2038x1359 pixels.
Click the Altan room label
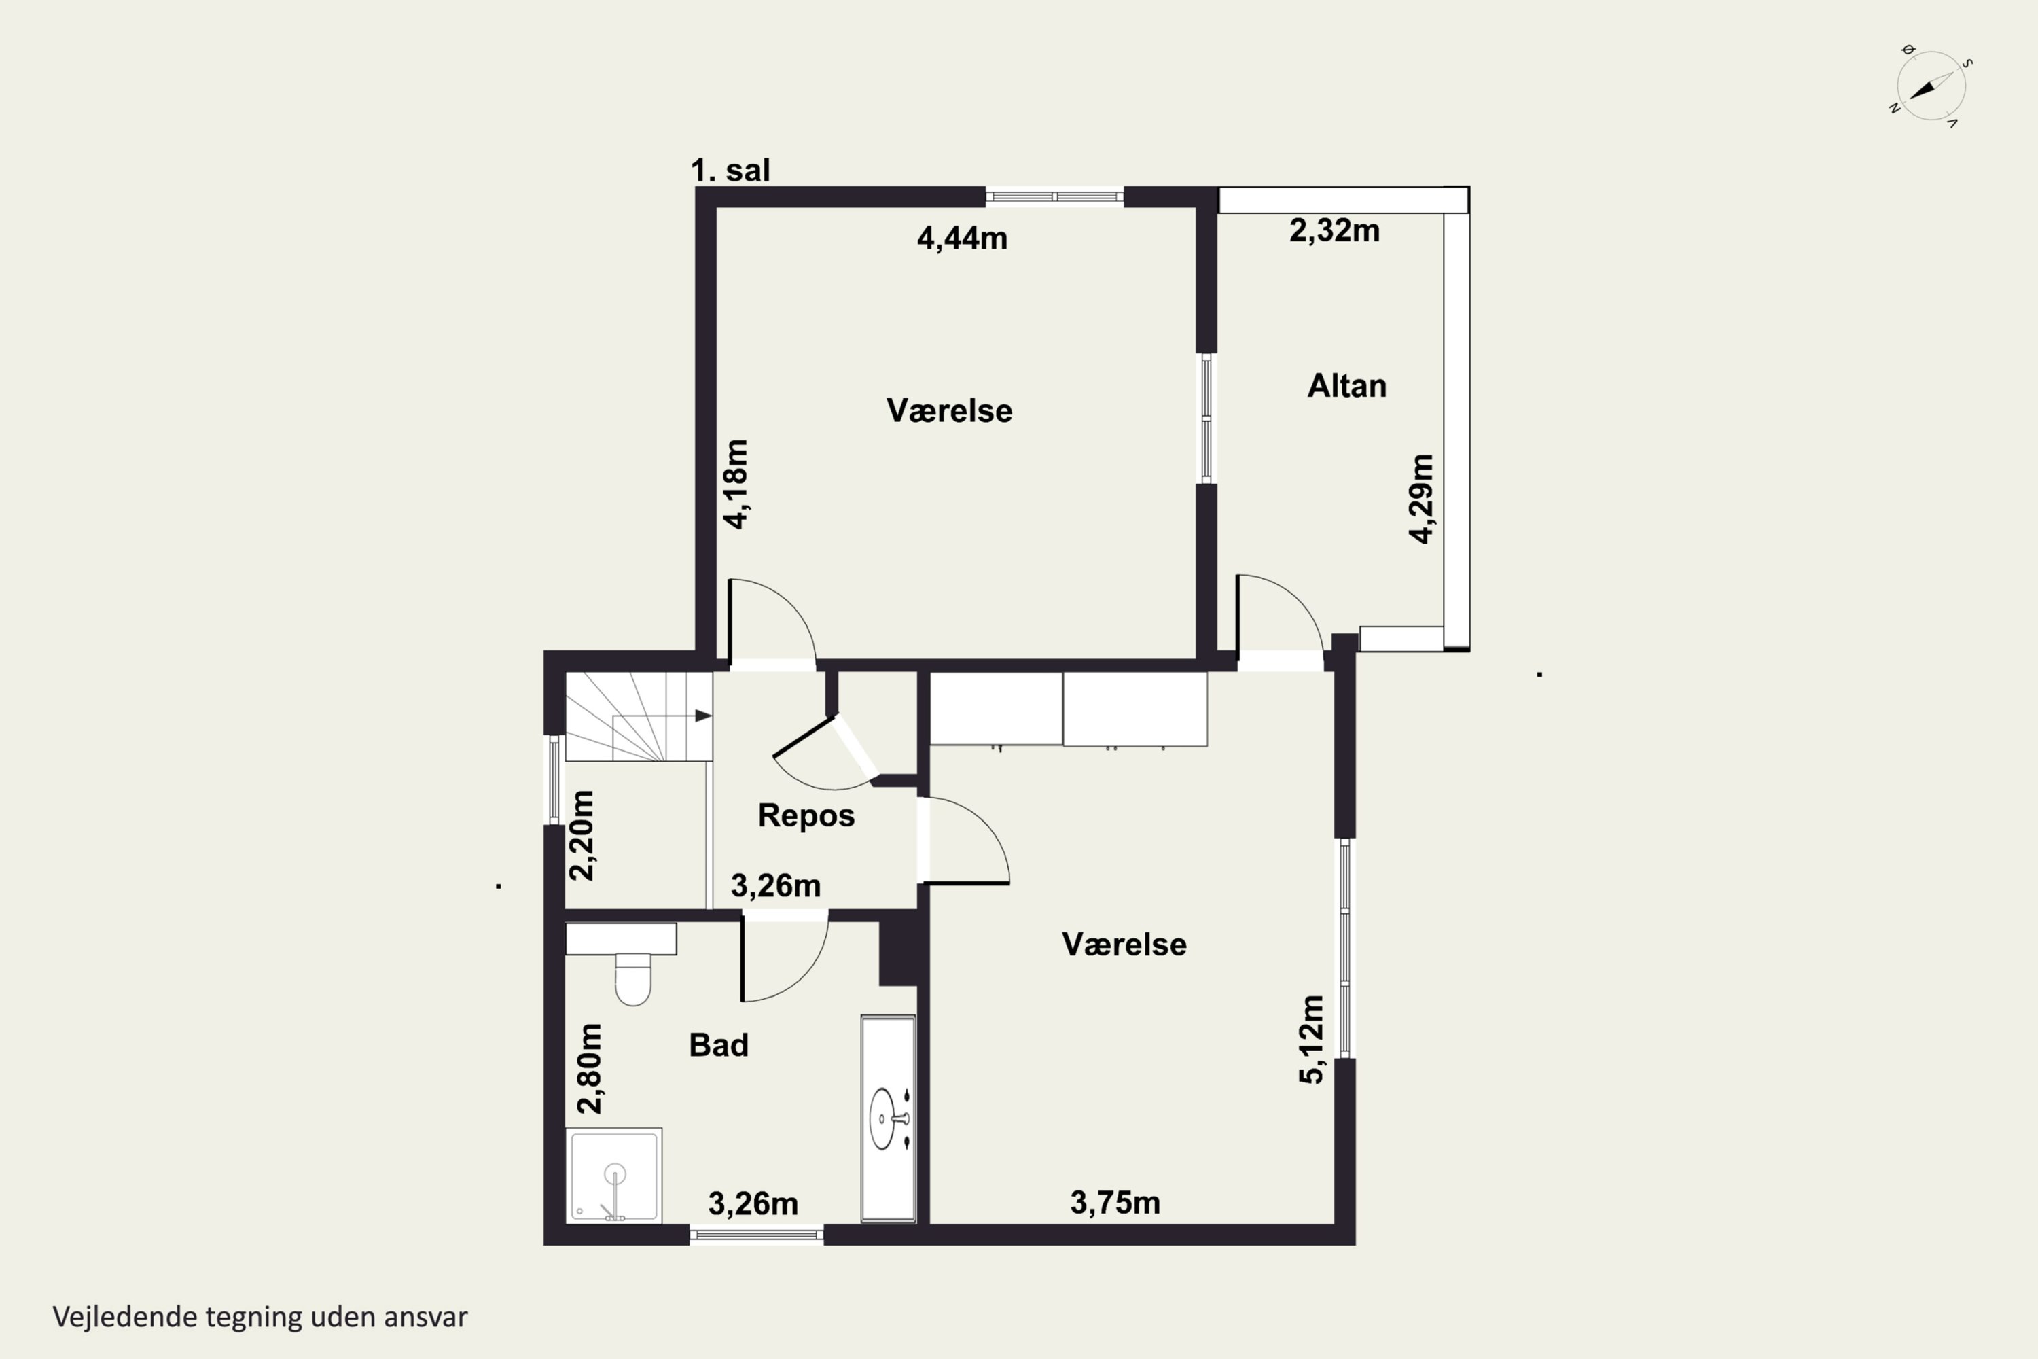tap(1346, 386)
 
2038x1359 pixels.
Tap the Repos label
tap(806, 815)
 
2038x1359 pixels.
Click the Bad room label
tap(718, 1045)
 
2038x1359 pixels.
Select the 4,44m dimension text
tap(962, 239)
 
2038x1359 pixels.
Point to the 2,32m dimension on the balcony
tap(1334, 230)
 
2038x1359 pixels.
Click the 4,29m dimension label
tap(1422, 499)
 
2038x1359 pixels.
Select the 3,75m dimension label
tap(1115, 1203)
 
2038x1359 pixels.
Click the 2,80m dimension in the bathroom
tap(589, 1069)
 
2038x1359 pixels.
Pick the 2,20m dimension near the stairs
tap(582, 836)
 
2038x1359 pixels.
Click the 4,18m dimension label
tap(736, 484)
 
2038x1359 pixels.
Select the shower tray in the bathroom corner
tap(613, 1176)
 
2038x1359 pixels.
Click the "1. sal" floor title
tap(730, 171)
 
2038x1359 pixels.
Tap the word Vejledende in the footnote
tap(126, 1318)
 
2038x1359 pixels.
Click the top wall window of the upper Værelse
tap(1054, 198)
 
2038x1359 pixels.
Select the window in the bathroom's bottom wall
tap(757, 1234)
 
